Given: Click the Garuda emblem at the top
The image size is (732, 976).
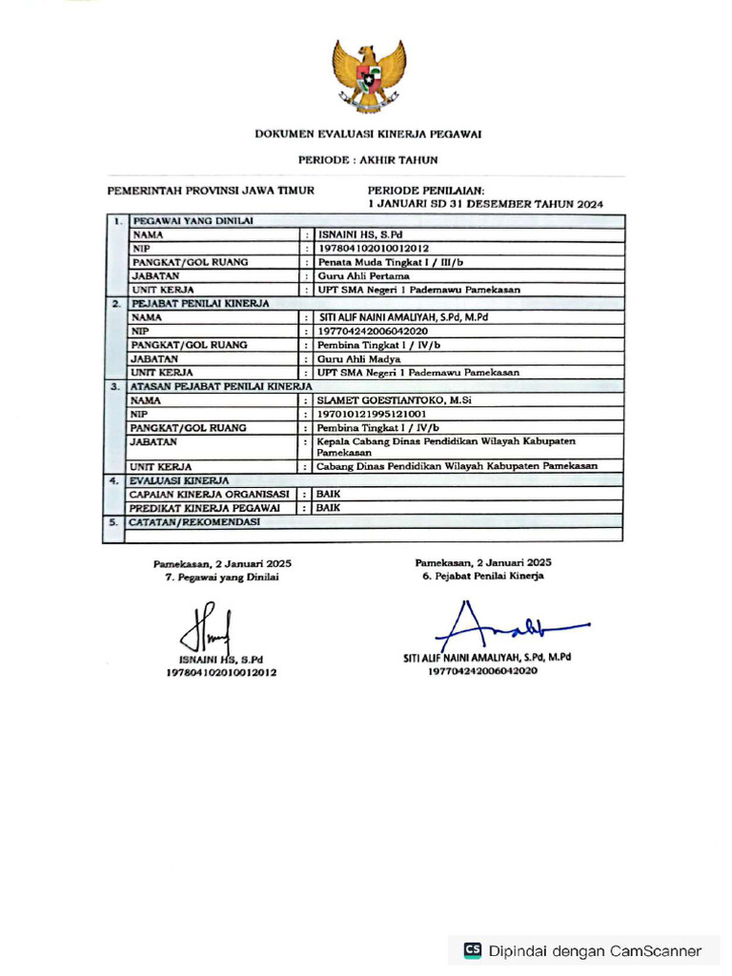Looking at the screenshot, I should (368, 75).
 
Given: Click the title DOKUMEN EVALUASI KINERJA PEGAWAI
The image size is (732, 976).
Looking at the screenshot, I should (368, 134).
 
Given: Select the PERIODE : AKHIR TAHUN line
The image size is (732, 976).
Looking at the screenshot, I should (368, 160).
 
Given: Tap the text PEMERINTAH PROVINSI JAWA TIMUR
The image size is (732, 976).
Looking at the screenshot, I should (211, 191).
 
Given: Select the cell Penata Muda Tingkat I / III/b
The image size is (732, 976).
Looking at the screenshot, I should (390, 261).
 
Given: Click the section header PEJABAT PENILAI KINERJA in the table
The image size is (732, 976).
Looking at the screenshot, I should (200, 303).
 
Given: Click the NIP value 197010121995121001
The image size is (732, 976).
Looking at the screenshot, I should (373, 415).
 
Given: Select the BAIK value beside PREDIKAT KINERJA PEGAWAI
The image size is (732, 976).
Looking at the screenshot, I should (329, 509).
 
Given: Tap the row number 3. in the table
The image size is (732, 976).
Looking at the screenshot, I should (113, 387).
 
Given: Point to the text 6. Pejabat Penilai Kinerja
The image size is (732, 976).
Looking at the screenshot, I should (483, 577).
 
